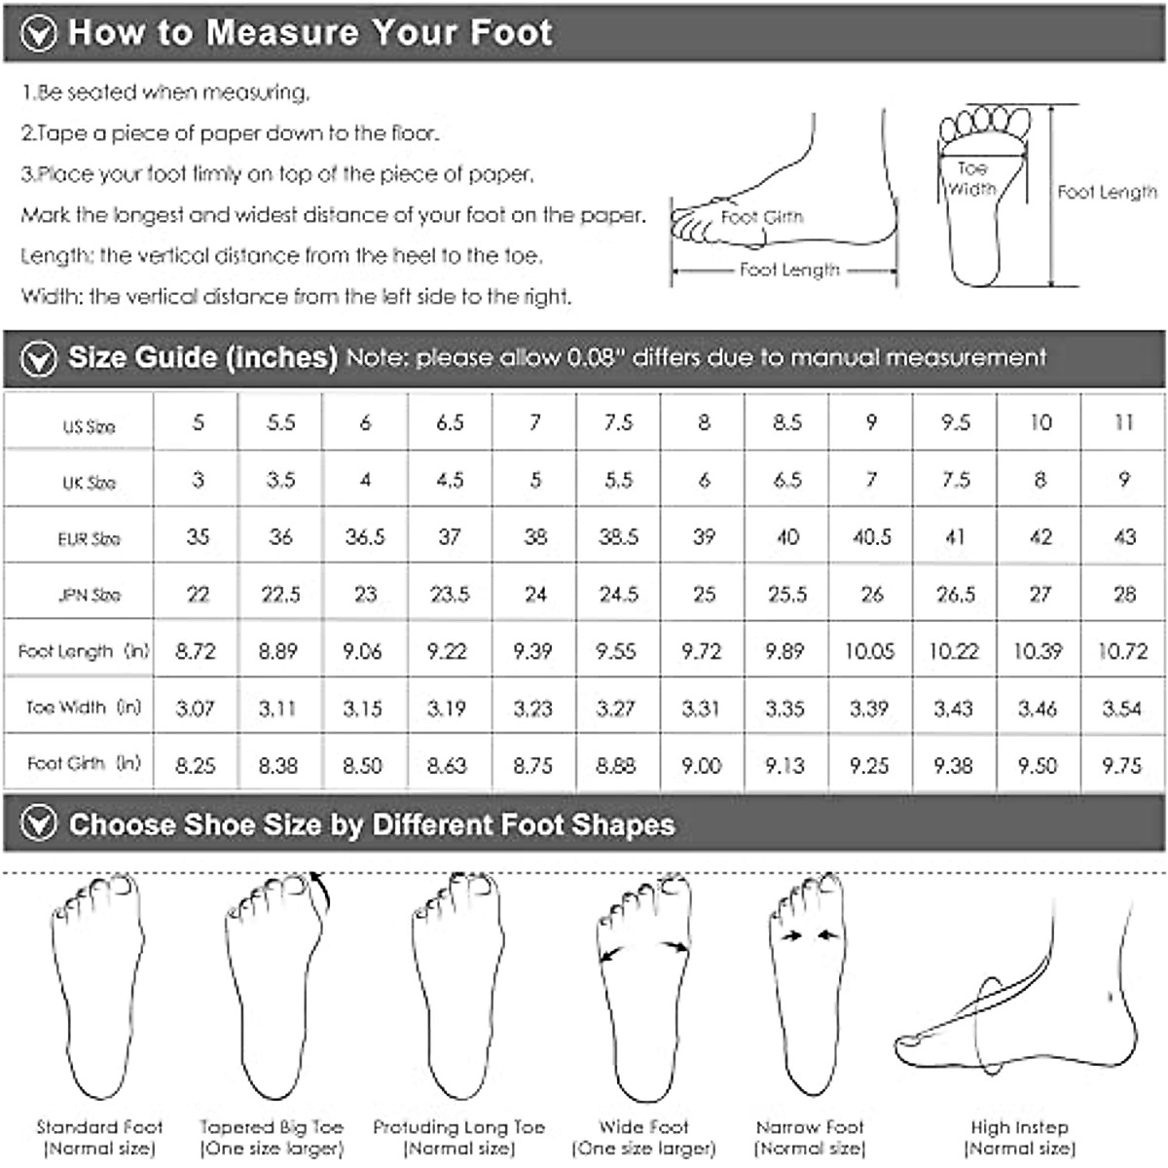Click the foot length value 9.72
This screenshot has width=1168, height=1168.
point(701,650)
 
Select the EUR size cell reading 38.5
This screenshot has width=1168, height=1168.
point(618,536)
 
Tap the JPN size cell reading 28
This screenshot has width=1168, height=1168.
point(1123,594)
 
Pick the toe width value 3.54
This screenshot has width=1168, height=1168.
point(1121,708)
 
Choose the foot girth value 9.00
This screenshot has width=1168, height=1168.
point(701,765)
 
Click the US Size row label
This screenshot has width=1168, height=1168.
point(89,426)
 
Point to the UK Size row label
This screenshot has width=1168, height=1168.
point(89,483)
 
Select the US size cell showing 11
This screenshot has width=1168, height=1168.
point(1123,422)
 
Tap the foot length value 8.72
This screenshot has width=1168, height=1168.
point(196,650)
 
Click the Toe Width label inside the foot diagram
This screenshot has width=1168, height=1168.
point(971,179)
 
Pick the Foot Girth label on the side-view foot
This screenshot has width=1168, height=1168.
point(762,217)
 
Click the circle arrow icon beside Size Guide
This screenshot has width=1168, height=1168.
point(39,359)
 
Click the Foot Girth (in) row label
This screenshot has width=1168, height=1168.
point(84,764)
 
